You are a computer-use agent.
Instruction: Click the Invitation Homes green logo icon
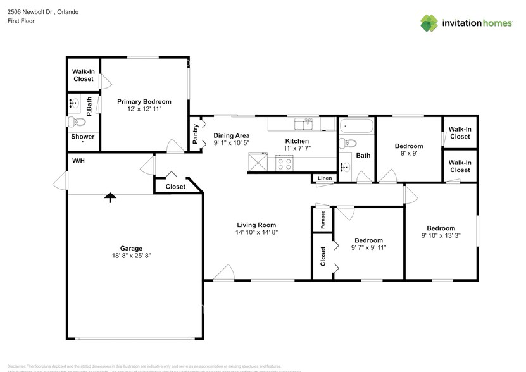pyautogui.click(x=429, y=23)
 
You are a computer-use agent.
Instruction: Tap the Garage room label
pyautogui.click(x=132, y=248)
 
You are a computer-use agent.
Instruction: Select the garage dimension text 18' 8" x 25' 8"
pyautogui.click(x=132, y=256)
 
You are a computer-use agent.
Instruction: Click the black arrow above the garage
pyautogui.click(x=111, y=198)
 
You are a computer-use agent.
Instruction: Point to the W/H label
pyautogui.click(x=78, y=161)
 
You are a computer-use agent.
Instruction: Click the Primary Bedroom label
pyautogui.click(x=144, y=101)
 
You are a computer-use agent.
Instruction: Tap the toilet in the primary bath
pyautogui.click(x=76, y=121)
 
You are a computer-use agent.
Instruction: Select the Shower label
pyautogui.click(x=83, y=137)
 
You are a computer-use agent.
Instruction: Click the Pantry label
pyautogui.click(x=196, y=133)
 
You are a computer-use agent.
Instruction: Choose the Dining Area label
pyautogui.click(x=231, y=135)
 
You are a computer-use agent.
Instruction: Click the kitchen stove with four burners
pyautogui.click(x=284, y=164)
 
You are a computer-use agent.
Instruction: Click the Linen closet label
pyautogui.click(x=325, y=178)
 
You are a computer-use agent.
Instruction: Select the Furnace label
pyautogui.click(x=323, y=219)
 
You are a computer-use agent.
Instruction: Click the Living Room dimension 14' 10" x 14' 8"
pyautogui.click(x=256, y=232)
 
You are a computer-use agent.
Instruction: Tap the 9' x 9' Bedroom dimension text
pyautogui.click(x=408, y=153)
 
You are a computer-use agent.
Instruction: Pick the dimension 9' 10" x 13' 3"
pyautogui.click(x=441, y=236)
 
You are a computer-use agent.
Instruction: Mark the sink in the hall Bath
pyautogui.click(x=346, y=167)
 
